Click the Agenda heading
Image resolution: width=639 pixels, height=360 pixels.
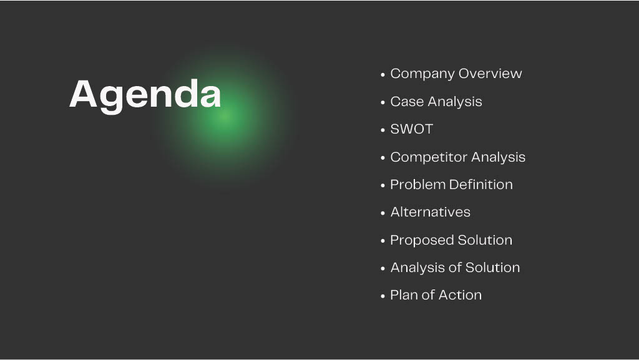pyautogui.click(x=145, y=96)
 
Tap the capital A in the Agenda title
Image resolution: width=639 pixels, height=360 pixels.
pyautogui.click(x=83, y=94)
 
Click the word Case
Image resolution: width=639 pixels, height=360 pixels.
pyautogui.click(x=407, y=102)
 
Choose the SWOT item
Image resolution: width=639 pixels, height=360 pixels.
pyautogui.click(x=412, y=129)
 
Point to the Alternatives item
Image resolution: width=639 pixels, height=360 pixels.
pyautogui.click(x=431, y=212)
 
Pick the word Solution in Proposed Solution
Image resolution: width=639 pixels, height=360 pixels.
pyautogui.click(x=485, y=240)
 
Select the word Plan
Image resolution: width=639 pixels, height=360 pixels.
pyautogui.click(x=404, y=295)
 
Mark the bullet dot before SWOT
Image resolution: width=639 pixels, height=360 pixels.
pyautogui.click(x=383, y=130)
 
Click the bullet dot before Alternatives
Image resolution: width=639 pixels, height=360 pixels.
pyautogui.click(x=383, y=213)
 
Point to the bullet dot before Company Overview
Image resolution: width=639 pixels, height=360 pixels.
pyautogui.click(x=383, y=75)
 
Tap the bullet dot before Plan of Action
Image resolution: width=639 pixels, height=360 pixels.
pyautogui.click(x=383, y=296)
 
